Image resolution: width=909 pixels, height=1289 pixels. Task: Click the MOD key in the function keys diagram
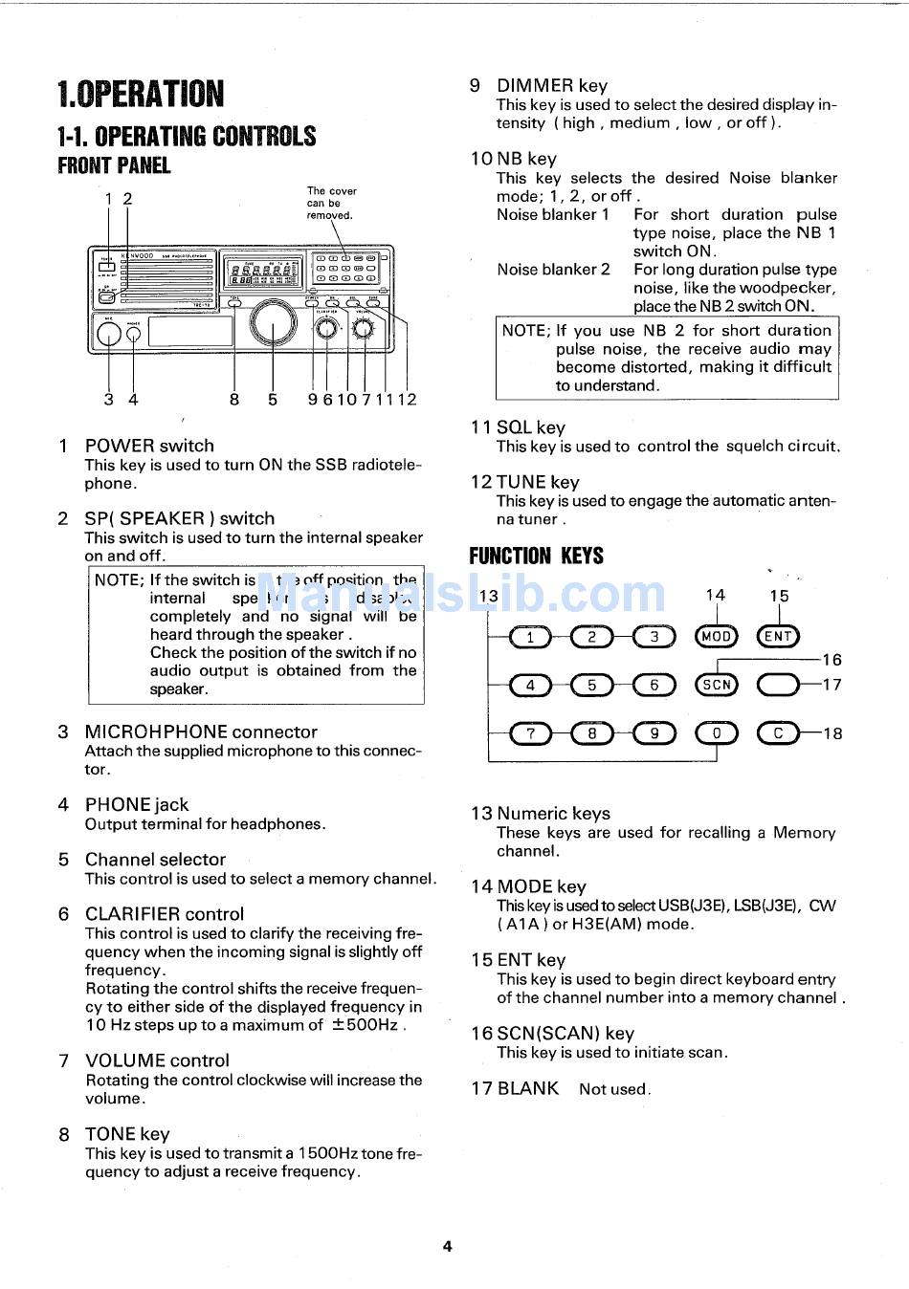(x=716, y=637)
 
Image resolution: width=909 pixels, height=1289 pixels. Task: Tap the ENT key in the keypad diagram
(x=778, y=637)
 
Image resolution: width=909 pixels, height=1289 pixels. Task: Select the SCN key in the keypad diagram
(x=716, y=685)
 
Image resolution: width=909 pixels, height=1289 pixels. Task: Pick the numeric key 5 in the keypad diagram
(x=592, y=685)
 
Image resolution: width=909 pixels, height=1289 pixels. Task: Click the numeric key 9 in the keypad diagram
(x=654, y=733)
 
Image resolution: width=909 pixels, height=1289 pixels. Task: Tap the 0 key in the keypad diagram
(x=716, y=733)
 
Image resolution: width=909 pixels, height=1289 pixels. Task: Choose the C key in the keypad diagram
(x=778, y=733)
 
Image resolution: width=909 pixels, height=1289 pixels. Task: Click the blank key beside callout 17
(x=778, y=685)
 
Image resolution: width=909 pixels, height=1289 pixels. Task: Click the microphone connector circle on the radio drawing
(x=108, y=333)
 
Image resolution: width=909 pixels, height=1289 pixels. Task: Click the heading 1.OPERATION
(x=141, y=94)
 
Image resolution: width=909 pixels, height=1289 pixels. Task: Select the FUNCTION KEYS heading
(x=536, y=556)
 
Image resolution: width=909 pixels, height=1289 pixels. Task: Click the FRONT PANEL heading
(x=114, y=165)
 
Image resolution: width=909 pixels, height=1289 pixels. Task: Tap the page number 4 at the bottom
(x=447, y=1246)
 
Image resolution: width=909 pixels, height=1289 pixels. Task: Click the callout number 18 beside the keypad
(x=832, y=733)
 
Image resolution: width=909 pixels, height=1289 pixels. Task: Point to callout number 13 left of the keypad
(x=488, y=597)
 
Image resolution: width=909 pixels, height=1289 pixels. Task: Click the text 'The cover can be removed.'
(x=331, y=203)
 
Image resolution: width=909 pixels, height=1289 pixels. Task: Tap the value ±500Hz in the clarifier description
(x=365, y=1025)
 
